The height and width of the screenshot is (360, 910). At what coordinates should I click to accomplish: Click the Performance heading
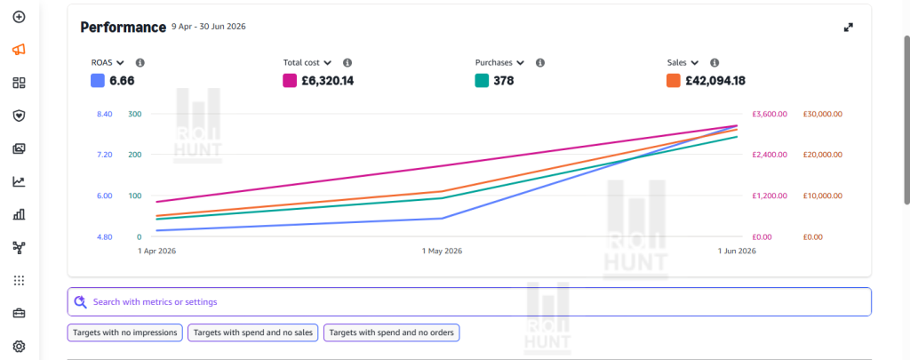click(x=123, y=28)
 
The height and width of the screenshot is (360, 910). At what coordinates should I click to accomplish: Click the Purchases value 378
click(x=504, y=81)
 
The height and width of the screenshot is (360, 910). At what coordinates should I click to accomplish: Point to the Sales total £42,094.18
click(x=715, y=81)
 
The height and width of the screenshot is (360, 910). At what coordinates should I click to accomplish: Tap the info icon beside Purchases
click(x=540, y=63)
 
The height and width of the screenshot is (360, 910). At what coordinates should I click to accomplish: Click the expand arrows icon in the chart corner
click(x=849, y=28)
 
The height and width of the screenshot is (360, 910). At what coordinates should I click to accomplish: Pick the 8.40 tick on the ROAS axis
click(x=105, y=114)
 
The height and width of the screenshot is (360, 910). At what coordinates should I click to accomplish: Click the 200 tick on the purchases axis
click(x=135, y=155)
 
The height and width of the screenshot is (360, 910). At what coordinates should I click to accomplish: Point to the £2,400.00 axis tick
click(x=770, y=155)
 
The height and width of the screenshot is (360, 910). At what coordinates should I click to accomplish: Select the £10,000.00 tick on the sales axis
click(x=822, y=196)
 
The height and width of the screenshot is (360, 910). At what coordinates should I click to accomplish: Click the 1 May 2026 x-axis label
click(x=443, y=252)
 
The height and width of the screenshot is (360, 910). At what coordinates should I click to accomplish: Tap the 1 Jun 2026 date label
click(x=737, y=252)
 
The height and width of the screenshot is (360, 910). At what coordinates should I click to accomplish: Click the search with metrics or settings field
click(x=469, y=302)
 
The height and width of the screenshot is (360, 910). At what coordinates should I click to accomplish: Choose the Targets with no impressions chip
click(x=125, y=332)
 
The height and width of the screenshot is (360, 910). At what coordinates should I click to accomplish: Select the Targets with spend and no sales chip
click(x=253, y=332)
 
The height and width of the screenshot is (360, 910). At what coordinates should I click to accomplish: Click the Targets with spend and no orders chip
click(x=392, y=332)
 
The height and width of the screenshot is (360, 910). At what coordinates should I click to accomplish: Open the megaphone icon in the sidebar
click(x=19, y=50)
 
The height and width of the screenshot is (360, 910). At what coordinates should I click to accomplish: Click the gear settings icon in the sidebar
click(x=19, y=347)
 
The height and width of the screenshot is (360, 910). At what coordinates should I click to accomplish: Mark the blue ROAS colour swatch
click(x=98, y=81)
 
